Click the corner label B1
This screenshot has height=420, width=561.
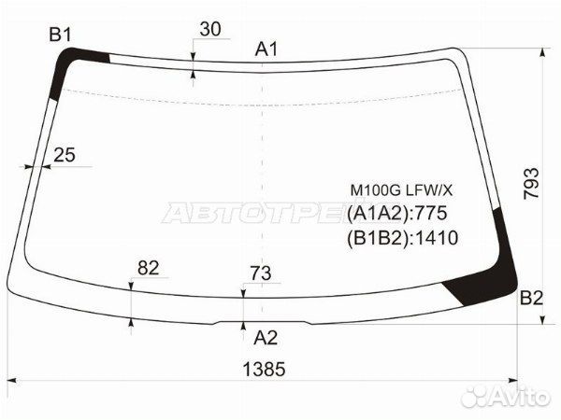point(60,35)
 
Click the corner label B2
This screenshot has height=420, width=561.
point(531,298)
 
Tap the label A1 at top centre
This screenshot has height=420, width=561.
point(266,49)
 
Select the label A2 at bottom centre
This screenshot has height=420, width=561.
point(266,338)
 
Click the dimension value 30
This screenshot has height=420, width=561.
point(210,29)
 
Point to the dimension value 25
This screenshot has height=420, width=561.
point(65,155)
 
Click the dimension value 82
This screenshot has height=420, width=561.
point(148,268)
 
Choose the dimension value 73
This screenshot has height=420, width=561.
point(261,273)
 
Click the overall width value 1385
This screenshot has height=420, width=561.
point(264,369)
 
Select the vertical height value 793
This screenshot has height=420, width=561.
point(531,184)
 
